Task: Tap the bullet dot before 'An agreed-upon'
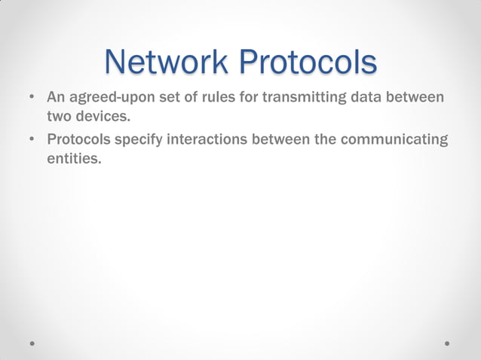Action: [32, 99]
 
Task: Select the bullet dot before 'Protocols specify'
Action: [32, 141]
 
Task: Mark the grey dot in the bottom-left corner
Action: [32, 342]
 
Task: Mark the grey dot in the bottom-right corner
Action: [447, 342]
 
